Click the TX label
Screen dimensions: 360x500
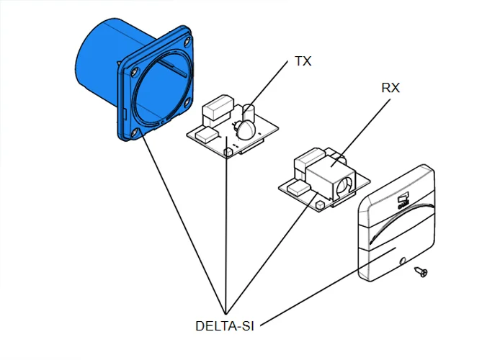pos(303,61)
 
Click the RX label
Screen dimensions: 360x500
pos(390,88)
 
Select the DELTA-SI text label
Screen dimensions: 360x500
pos(226,325)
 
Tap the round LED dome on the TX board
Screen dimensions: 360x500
pos(244,130)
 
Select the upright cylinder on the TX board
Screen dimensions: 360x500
pos(249,114)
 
